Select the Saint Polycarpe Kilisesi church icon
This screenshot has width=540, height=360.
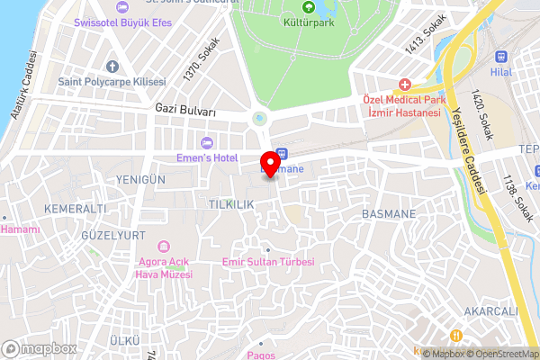tap(112, 66)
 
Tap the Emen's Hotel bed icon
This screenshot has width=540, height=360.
tap(207, 141)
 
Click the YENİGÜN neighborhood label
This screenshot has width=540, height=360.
tap(140, 180)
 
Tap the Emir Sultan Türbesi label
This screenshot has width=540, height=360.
tap(267, 262)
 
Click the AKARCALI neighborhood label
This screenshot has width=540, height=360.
tap(490, 311)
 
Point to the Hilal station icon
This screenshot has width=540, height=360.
tap(500, 53)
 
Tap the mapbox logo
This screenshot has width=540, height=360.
tap(40, 348)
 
